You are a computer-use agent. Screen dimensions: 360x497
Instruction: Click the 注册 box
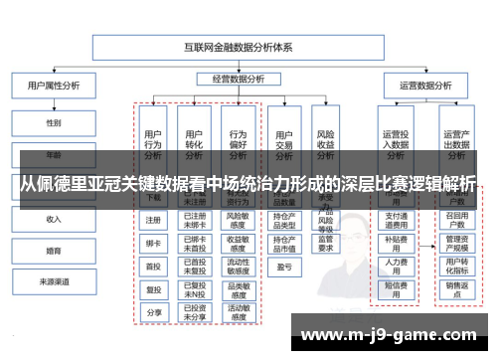(153, 220)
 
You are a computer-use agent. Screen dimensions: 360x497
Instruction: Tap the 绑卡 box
(153, 243)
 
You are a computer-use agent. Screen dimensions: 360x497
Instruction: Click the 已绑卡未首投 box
(195, 243)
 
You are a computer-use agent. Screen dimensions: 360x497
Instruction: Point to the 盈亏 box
(283, 267)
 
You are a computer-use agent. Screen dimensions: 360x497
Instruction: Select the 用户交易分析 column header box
(283, 144)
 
